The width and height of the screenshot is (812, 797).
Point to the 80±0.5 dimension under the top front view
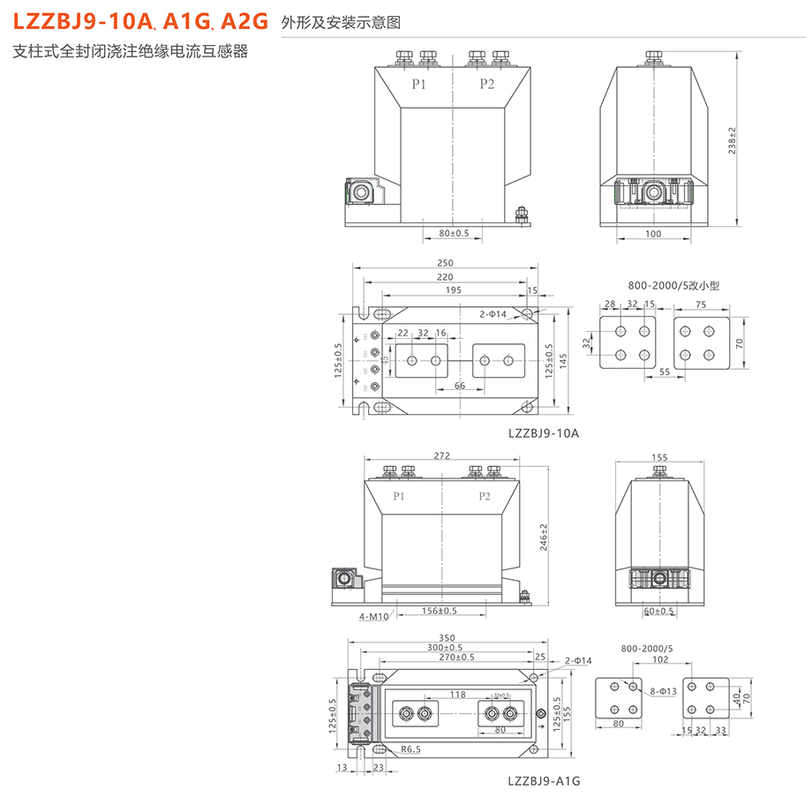pos(454,234)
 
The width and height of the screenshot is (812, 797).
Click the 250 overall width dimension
pos(444,263)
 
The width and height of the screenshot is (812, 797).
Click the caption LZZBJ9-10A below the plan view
pos(543,432)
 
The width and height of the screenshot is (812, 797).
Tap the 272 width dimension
pos(442,456)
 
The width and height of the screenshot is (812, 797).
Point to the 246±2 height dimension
pos(545,537)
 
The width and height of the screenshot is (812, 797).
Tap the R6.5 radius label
pos(411,749)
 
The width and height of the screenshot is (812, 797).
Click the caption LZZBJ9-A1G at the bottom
pos(543,781)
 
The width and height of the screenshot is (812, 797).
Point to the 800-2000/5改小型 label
pos(674,286)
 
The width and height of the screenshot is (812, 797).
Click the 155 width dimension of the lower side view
pos(658,458)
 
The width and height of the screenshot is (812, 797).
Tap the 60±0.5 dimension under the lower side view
pos(658,611)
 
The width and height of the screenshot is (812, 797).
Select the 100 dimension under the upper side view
pos(653,234)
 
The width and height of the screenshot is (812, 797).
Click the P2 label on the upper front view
pos(487,84)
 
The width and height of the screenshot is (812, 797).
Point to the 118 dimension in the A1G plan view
pos(457,695)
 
